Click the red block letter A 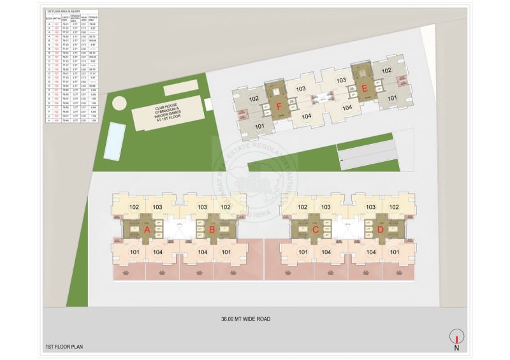point(147,229)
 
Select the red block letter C point(315,229)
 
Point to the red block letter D point(381,229)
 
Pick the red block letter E point(365,89)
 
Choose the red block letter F point(279,106)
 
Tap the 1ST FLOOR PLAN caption point(65,347)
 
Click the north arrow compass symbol point(456,337)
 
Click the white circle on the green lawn point(119,103)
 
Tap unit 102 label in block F point(253,99)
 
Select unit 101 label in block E point(391,97)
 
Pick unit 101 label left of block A point(135,251)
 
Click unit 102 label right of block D point(394,207)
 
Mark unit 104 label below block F point(307,116)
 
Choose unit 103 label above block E point(341,80)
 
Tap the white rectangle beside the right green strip point(367,155)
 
